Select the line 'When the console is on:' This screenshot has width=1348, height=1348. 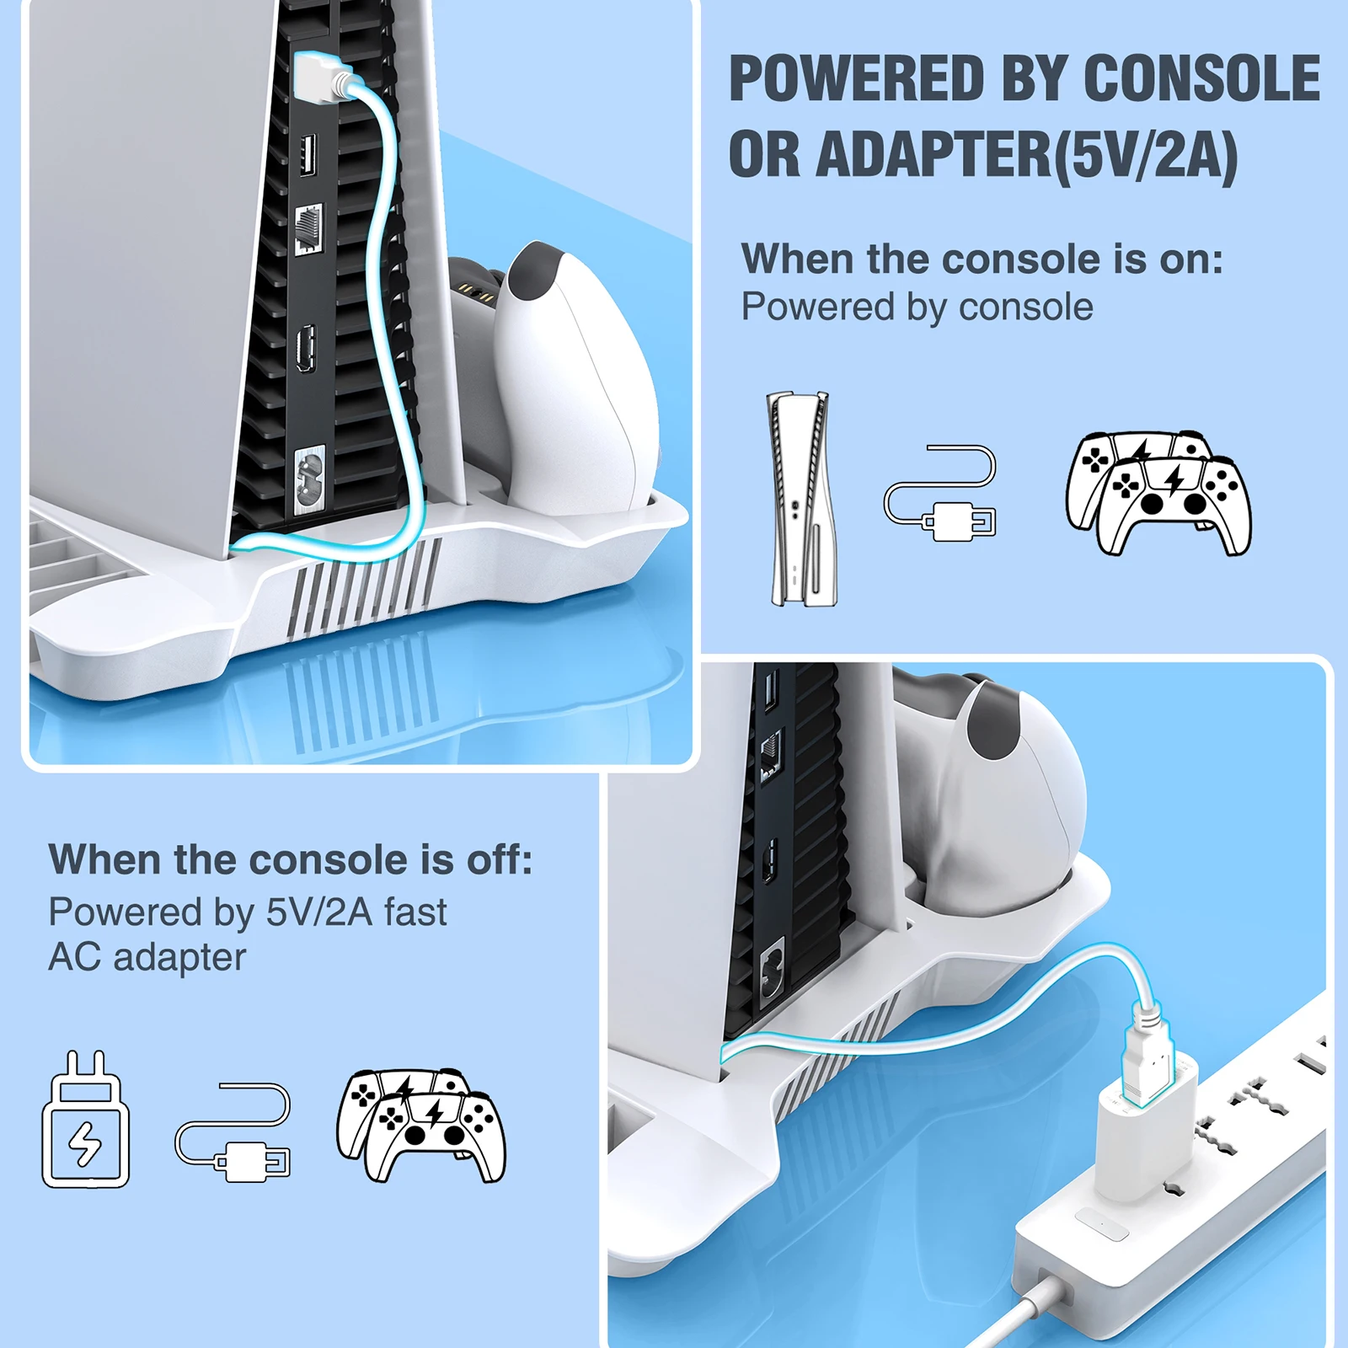982,259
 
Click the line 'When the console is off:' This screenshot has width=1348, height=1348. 291,860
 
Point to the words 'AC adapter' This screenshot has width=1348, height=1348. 147,957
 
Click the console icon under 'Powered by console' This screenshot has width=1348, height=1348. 803,499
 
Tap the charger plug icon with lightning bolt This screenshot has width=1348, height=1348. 85,1121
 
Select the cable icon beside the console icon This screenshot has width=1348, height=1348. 940,494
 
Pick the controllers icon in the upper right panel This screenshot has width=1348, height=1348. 1158,493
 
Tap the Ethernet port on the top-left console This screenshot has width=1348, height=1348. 308,227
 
